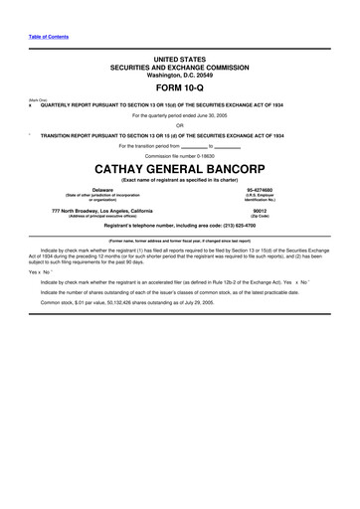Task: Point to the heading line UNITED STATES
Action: click(x=179, y=61)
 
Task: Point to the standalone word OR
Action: click(x=179, y=125)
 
